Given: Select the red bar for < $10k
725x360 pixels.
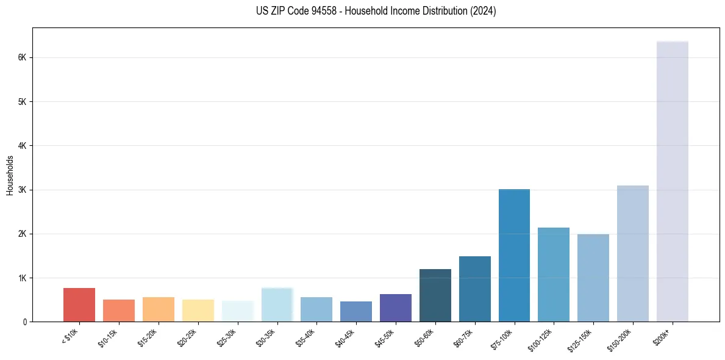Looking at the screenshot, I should (79, 304).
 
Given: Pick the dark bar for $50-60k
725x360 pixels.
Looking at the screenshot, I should (435, 295).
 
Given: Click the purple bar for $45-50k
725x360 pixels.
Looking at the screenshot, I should (395, 308).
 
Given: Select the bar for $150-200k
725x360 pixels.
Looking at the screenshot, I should (632, 253).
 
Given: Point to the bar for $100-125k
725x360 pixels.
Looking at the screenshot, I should (554, 275).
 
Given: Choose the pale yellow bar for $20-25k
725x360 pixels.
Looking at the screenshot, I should (198, 311).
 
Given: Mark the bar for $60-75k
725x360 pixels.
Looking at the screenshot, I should (474, 289).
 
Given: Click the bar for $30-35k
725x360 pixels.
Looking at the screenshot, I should (277, 304).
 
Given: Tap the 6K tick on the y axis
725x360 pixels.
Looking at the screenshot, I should (22, 57).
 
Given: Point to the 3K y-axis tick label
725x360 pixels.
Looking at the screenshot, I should (22, 190).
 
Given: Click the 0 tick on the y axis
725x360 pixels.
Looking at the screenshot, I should (24, 322).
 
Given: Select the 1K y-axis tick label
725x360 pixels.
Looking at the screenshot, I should (22, 278).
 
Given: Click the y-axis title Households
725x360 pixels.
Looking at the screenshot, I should (10, 175).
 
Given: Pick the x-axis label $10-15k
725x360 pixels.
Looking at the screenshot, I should (109, 337).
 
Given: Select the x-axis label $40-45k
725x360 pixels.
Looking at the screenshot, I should (346, 337).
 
